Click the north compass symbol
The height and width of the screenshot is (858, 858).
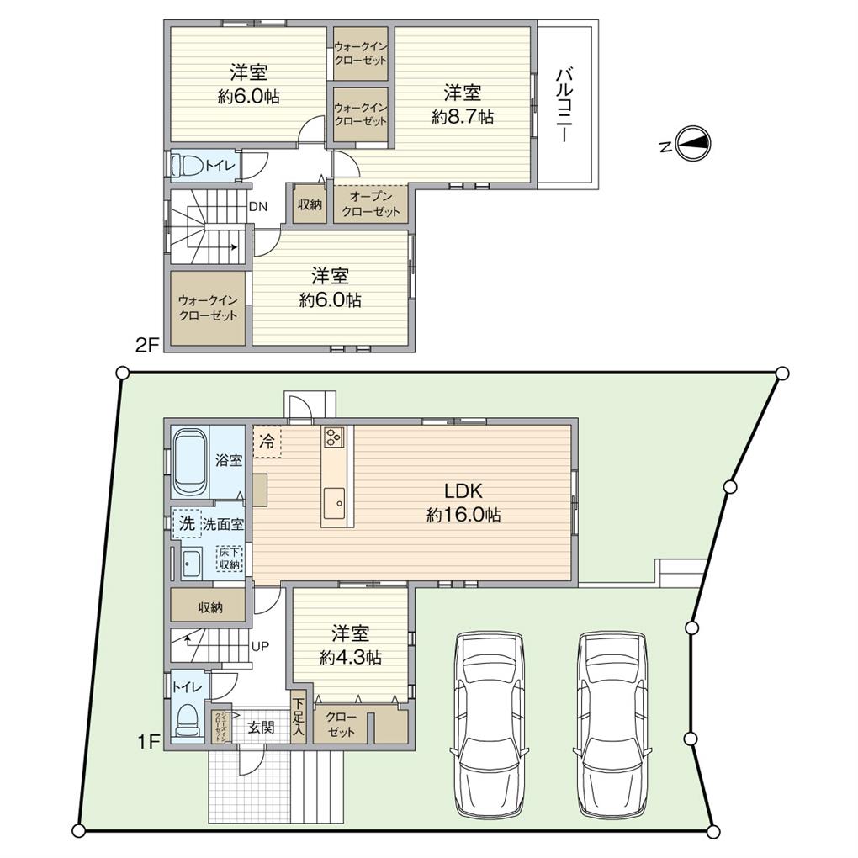point(695,146)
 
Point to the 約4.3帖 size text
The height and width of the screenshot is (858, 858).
point(350,659)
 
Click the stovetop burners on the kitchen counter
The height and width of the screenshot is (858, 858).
point(333,437)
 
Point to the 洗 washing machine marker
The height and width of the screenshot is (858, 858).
point(185,522)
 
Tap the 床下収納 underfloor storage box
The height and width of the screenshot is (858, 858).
point(230,559)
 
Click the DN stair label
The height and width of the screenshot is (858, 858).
point(257,204)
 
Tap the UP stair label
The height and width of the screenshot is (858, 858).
point(260,647)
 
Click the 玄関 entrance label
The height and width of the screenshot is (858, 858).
point(261,728)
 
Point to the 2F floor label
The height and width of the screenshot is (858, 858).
point(146,346)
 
